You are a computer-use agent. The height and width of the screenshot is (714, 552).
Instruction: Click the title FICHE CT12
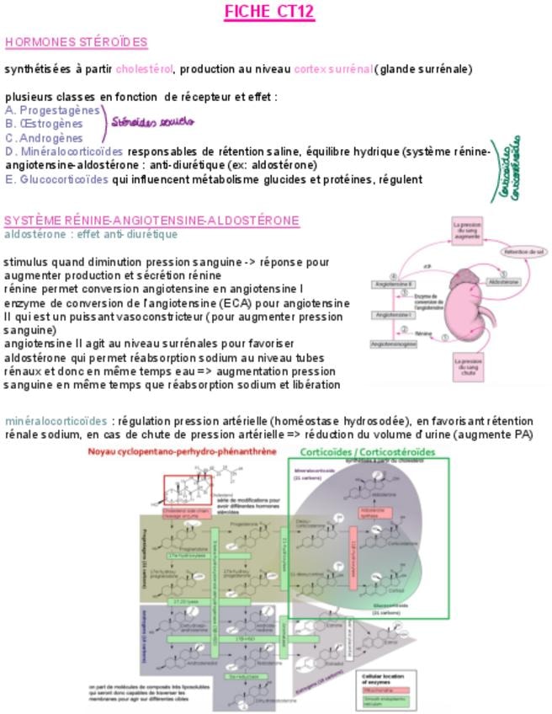click(x=269, y=12)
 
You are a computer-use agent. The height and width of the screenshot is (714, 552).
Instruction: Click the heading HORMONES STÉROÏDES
click(x=76, y=42)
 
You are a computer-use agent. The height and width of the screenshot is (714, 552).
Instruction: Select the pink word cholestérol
click(x=144, y=69)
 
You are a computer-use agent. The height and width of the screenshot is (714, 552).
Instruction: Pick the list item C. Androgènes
click(x=44, y=138)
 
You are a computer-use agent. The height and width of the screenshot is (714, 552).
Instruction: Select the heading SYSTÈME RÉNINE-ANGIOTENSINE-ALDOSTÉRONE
click(x=151, y=221)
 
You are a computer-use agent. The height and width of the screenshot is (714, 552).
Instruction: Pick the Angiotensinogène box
click(x=394, y=344)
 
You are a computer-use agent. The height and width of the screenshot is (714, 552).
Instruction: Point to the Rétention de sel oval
click(x=523, y=252)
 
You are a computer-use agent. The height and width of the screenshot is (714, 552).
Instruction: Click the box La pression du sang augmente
click(x=467, y=232)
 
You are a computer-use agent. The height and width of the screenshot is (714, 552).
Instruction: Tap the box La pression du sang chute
click(x=467, y=371)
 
